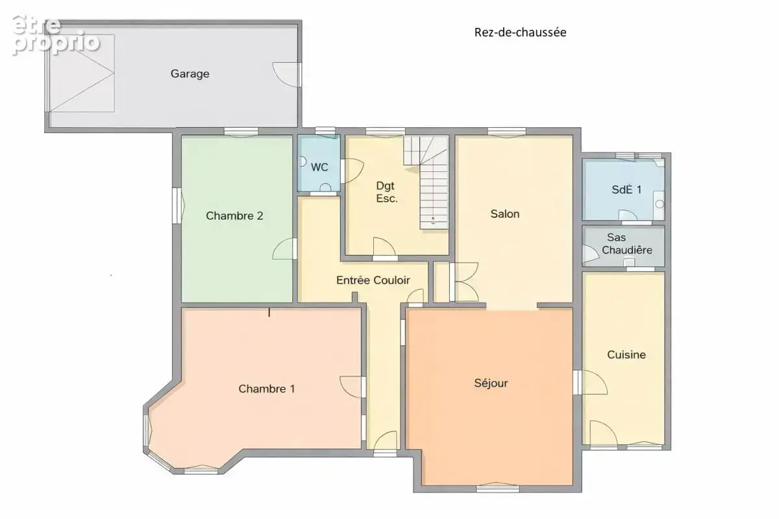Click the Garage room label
pyautogui.click(x=190, y=74)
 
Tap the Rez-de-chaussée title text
pyautogui.click(x=520, y=32)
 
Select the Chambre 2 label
pyautogui.click(x=234, y=216)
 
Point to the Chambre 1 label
pyautogui.click(x=267, y=389)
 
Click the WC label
pyautogui.click(x=319, y=167)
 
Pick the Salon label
pyautogui.click(x=505, y=214)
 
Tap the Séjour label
pyautogui.click(x=491, y=383)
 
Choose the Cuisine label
pyautogui.click(x=626, y=355)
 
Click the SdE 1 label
pyautogui.click(x=626, y=189)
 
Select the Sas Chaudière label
pyautogui.click(x=627, y=244)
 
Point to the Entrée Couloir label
pyautogui.click(x=373, y=280)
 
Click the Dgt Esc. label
pyautogui.click(x=386, y=192)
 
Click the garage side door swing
pyautogui.click(x=286, y=75)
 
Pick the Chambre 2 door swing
pyautogui.click(x=284, y=248)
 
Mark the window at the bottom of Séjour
pyautogui.click(x=498, y=488)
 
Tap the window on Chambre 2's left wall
pyautogui.click(x=178, y=206)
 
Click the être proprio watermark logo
pyautogui.click(x=56, y=36)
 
